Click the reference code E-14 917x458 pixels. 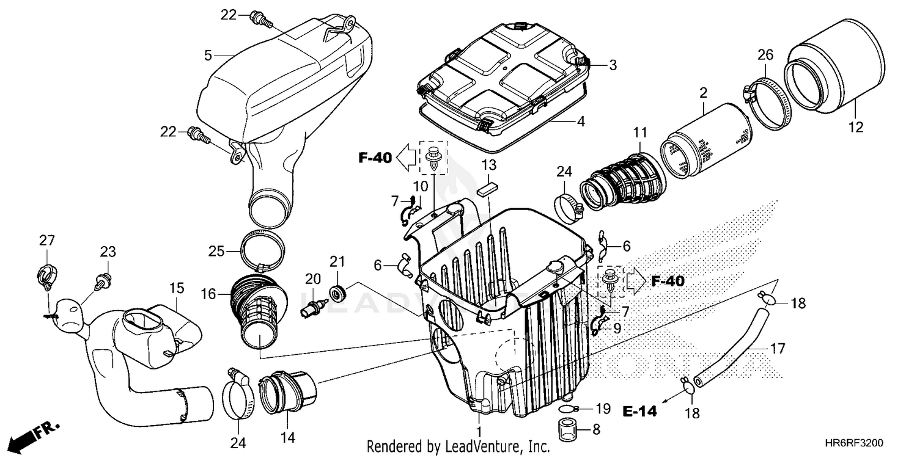click(x=640, y=412)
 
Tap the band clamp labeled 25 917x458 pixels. click(x=263, y=250)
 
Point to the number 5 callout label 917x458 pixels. click(x=208, y=56)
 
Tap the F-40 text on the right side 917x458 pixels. click(x=668, y=281)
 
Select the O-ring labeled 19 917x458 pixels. click(x=568, y=409)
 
